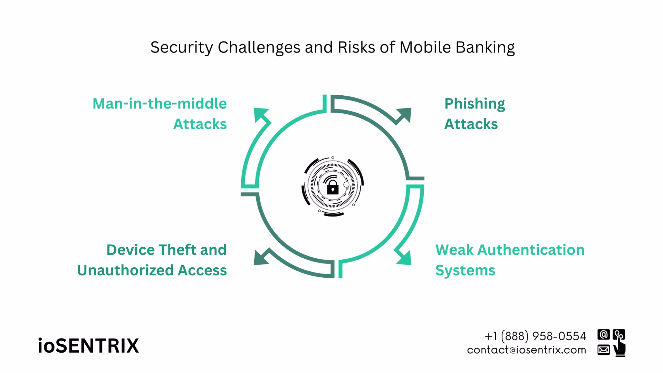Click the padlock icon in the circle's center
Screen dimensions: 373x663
tap(333, 189)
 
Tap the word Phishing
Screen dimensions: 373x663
tap(474, 104)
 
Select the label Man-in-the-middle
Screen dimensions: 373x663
tap(160, 104)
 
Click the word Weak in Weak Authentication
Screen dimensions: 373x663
tap(454, 250)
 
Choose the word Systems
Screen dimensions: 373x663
tap(465, 270)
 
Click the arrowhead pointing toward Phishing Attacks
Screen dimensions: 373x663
tap(405, 115)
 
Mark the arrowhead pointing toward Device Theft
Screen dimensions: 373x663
tap(261, 258)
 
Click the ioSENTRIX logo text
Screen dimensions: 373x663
tap(88, 346)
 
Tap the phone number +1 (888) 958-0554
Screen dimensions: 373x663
tap(535, 336)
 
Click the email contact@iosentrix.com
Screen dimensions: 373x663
tap(527, 350)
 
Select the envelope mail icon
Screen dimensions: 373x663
tap(603, 350)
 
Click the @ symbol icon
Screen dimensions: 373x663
tap(603, 335)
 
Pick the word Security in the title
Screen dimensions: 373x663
tap(182, 48)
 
